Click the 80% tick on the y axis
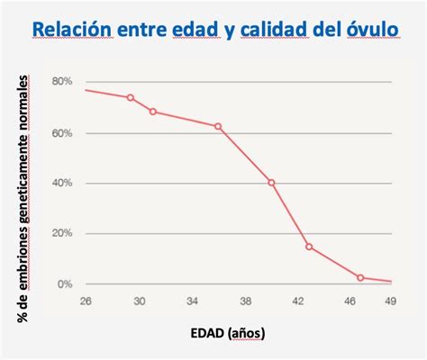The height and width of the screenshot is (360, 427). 61,82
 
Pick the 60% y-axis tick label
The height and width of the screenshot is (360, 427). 61,133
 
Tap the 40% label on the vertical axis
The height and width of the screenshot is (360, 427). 61,184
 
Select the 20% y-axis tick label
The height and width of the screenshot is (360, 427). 61,234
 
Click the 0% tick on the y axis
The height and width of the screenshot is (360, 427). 64,284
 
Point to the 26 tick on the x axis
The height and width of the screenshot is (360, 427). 86,301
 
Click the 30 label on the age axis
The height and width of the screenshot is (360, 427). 140,301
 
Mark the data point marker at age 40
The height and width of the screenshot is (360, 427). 271,183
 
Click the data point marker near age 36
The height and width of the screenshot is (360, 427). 219,126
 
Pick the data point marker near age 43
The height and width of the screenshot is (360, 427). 309,247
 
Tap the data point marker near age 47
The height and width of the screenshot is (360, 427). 360,278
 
